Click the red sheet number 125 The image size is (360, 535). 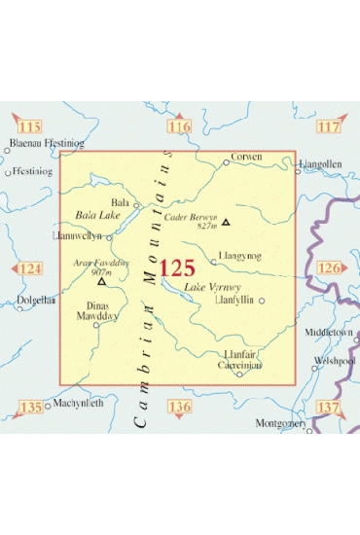pos(177,268)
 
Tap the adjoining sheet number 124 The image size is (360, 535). pos(33,268)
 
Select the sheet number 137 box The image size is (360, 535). pos(329,407)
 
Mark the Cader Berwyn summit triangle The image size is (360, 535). pos(227,221)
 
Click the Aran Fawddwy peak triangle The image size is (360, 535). pos(101,281)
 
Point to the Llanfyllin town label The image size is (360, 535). pos(236,301)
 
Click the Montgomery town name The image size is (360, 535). pos(280,423)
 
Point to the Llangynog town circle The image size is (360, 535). pos(213,261)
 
